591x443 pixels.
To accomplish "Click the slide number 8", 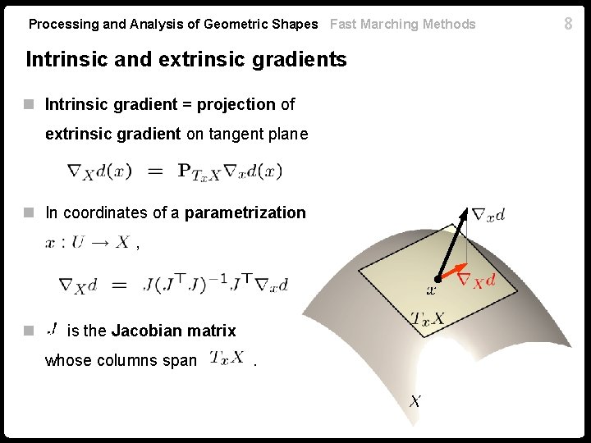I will (x=568, y=24).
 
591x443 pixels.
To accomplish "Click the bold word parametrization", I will (x=245, y=213).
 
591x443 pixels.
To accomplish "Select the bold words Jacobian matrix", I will (x=173, y=331).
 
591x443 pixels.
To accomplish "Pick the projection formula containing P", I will (x=174, y=171).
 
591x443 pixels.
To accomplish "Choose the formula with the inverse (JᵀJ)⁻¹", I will (x=173, y=285).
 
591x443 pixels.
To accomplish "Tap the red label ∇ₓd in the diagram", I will (x=475, y=281).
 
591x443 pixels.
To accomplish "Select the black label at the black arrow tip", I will (x=489, y=215).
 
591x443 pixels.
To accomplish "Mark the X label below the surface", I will (x=416, y=401).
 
